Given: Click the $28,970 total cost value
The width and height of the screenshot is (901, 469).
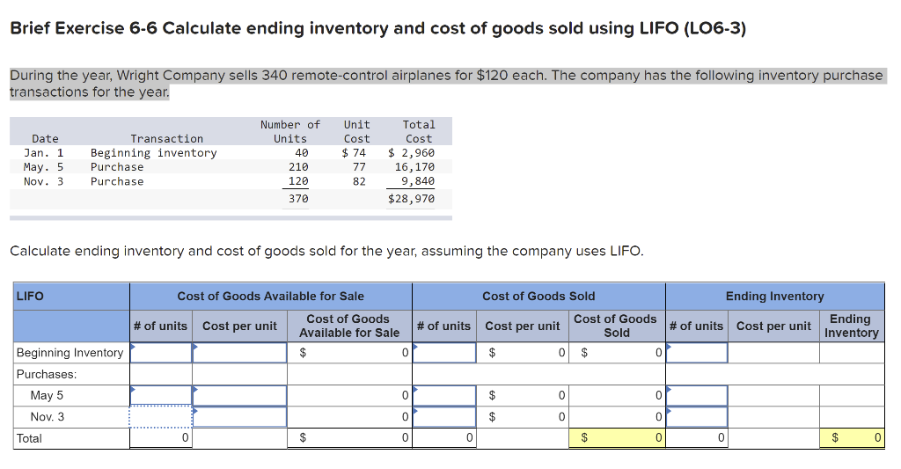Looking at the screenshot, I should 411,199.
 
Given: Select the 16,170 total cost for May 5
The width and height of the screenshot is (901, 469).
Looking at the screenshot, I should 414,166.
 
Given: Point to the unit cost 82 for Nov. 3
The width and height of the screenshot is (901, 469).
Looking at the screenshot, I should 358,181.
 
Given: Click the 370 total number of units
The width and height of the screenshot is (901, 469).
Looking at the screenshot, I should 298,199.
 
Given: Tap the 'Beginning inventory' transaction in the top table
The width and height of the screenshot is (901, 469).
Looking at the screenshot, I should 153,152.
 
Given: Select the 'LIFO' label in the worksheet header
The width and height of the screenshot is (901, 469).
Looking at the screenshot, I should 30,296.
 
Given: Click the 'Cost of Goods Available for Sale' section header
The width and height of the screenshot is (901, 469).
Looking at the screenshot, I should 270,296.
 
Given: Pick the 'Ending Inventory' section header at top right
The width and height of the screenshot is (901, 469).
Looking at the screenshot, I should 774,296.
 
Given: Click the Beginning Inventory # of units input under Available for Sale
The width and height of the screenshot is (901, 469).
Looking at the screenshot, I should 161,353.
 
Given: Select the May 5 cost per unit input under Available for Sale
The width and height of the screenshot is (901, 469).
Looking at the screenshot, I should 239,395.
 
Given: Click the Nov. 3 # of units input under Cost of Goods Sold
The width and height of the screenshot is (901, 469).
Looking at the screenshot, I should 444,416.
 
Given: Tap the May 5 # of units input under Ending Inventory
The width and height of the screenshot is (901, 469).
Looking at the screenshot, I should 697,395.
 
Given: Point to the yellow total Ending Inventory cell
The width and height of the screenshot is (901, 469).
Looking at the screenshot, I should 852,437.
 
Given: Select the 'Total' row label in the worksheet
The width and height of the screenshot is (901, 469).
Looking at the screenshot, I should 29,437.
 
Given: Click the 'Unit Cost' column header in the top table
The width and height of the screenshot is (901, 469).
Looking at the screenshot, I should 356,131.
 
